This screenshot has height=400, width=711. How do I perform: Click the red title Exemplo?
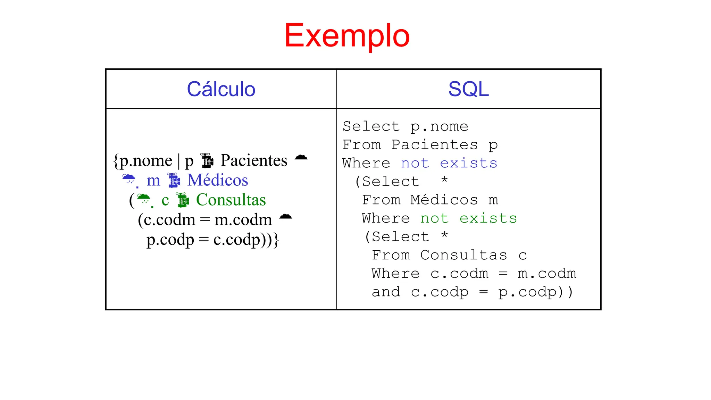[347, 35]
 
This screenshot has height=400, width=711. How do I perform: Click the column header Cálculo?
[221, 89]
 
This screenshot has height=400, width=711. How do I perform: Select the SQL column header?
[468, 89]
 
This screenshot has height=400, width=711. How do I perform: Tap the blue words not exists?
[449, 163]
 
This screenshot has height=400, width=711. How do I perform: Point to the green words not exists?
[468, 218]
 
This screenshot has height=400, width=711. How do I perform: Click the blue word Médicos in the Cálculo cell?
[218, 180]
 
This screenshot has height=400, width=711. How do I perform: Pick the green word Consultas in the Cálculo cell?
[231, 200]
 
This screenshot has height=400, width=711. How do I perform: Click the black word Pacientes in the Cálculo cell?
[254, 160]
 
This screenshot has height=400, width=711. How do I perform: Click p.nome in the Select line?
[439, 127]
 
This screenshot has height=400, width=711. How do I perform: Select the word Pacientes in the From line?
[434, 145]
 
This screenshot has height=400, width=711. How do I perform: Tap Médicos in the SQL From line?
[444, 200]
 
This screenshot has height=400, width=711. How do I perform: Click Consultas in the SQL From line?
[463, 255]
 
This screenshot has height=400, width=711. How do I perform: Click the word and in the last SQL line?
[386, 292]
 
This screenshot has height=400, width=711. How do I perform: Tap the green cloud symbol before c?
[144, 199]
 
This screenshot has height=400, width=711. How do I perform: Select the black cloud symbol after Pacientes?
[301, 157]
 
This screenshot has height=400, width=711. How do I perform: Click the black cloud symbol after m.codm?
[285, 217]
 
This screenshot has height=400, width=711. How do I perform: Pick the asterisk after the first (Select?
[444, 180]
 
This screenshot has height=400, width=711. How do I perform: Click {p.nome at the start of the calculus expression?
[143, 161]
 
